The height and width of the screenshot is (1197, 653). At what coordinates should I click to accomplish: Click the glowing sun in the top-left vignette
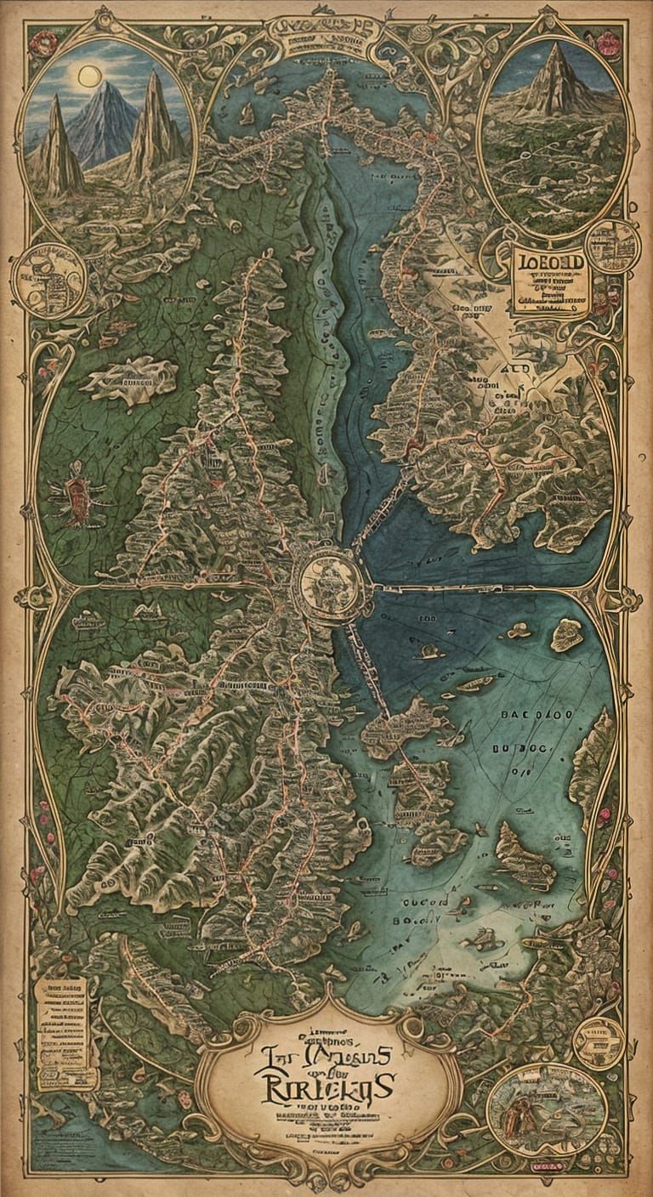tap(88, 77)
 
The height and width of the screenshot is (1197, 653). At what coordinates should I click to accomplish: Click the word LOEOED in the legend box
tap(551, 263)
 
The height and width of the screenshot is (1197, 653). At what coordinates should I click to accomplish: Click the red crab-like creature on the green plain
tap(77, 492)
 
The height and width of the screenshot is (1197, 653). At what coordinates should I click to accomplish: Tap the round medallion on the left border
tap(48, 280)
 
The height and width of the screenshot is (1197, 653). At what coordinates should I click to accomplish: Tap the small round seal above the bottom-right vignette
tap(599, 1041)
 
